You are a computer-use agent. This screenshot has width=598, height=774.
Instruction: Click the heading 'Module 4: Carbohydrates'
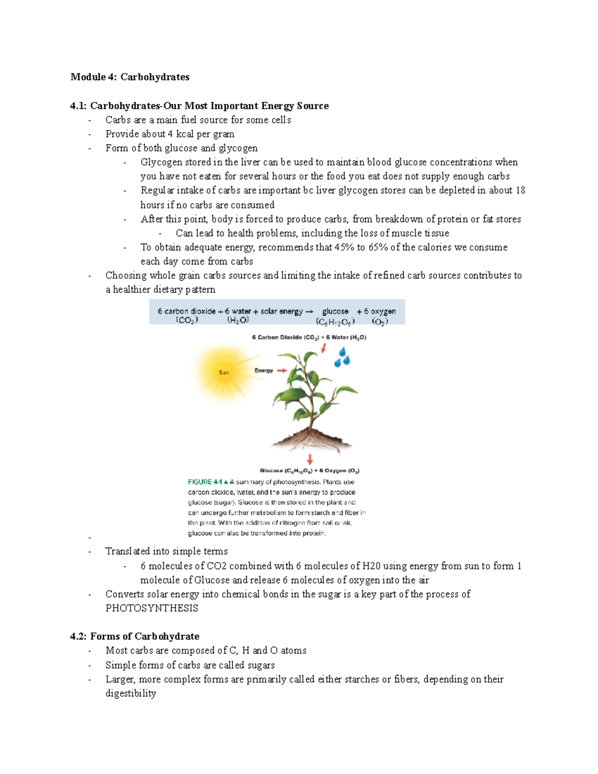130,77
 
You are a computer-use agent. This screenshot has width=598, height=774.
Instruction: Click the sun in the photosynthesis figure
224,372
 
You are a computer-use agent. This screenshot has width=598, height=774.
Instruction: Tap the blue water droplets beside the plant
342,358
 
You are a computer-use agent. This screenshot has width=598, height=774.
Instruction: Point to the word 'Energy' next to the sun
264,370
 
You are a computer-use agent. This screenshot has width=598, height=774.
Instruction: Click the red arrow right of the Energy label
282,370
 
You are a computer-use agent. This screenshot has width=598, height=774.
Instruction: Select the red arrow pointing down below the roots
310,460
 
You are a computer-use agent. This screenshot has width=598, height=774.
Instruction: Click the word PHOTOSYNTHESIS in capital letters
152,608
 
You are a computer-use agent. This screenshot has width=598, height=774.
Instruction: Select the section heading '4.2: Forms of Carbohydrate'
135,636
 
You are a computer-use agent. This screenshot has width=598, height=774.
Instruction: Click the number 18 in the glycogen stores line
520,190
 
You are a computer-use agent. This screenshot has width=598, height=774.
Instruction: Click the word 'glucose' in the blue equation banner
335,311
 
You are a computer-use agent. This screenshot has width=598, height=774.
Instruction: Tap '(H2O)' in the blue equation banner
238,320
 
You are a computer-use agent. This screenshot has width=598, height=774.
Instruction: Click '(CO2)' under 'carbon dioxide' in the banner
186,320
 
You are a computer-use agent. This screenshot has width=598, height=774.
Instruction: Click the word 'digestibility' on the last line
131,693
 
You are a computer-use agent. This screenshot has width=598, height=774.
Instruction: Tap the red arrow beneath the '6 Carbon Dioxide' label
323,348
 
